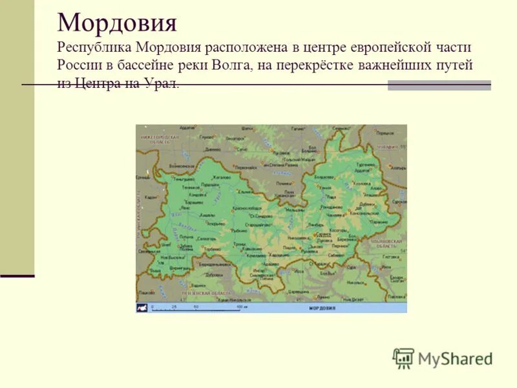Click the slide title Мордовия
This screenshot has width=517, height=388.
click(117, 24)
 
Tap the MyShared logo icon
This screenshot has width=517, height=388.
click(403, 358)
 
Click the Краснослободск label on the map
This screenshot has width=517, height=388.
click(247, 208)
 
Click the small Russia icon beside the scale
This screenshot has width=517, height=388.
click(142, 308)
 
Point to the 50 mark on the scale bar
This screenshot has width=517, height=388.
click(196, 306)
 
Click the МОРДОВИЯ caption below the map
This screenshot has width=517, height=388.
click(321, 308)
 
